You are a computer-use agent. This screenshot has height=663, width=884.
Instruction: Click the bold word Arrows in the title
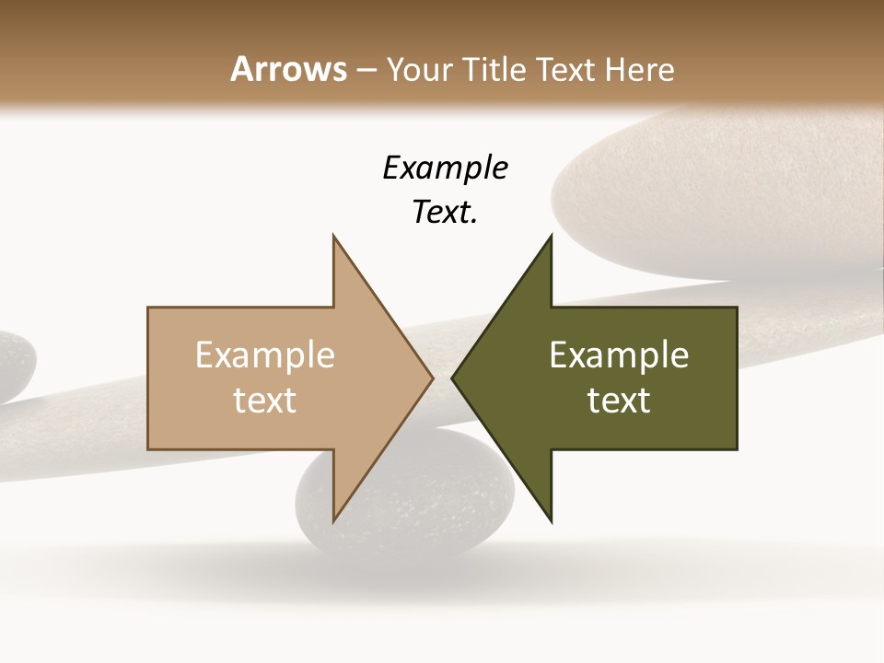coord(289,69)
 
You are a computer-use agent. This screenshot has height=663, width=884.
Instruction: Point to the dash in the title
coord(366,70)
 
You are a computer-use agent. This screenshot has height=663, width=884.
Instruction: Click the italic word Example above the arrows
coord(445,169)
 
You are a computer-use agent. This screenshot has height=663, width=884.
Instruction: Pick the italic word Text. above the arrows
coord(445,213)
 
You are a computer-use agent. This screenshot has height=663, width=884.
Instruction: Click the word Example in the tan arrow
coord(265,355)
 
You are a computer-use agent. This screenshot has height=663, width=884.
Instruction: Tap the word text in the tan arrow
coord(265,401)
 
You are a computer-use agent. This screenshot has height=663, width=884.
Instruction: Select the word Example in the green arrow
coord(619,355)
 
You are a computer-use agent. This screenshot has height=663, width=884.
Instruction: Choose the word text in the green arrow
coord(619,401)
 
